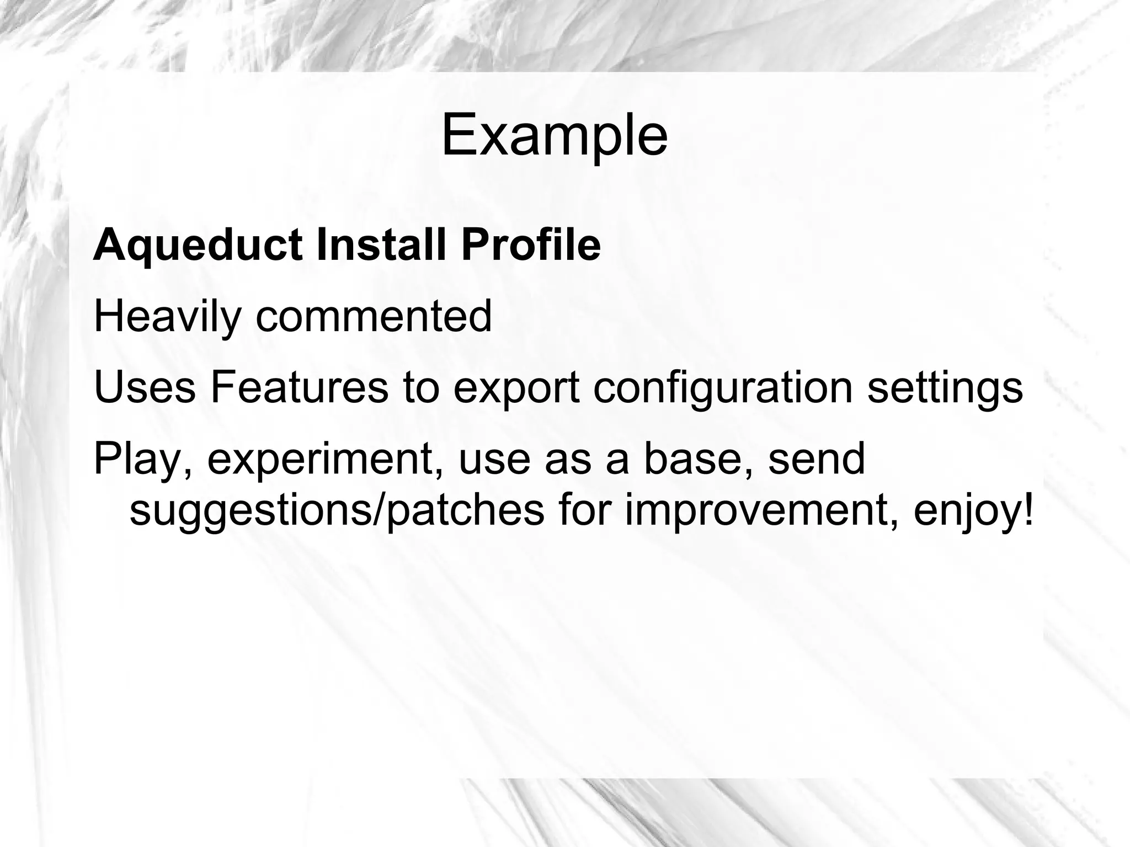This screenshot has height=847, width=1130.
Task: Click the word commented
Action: [374, 316]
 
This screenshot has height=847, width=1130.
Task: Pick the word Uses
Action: [145, 387]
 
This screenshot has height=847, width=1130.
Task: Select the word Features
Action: [299, 387]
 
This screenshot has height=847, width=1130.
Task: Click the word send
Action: [817, 459]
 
